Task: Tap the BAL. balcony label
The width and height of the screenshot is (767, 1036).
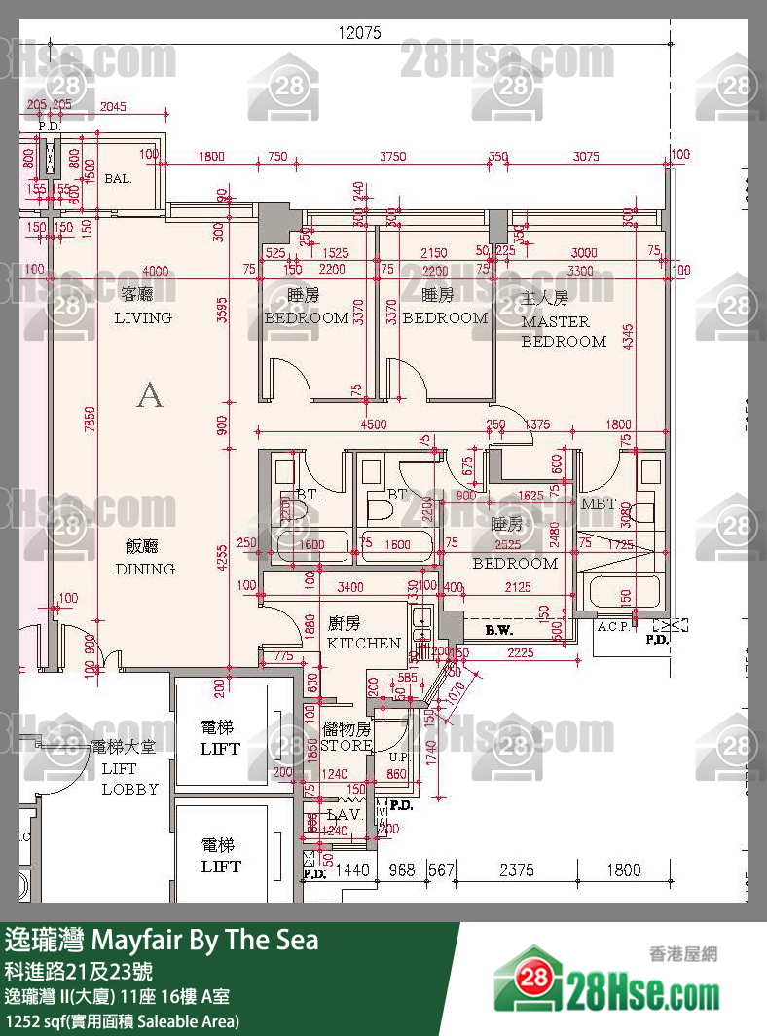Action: [x=118, y=179]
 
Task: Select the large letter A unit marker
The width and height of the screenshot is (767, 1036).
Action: [x=149, y=394]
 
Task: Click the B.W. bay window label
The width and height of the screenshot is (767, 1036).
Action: [x=498, y=631]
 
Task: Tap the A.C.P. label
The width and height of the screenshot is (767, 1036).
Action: [x=613, y=626]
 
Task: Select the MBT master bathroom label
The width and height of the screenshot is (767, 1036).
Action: [x=598, y=504]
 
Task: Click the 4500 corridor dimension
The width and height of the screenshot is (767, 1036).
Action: [x=373, y=425]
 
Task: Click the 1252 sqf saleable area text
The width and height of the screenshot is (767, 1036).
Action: [x=122, y=1021]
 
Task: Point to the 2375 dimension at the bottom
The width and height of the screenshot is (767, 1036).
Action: [x=516, y=869]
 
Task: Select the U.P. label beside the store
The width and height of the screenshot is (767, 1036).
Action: [x=398, y=757]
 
